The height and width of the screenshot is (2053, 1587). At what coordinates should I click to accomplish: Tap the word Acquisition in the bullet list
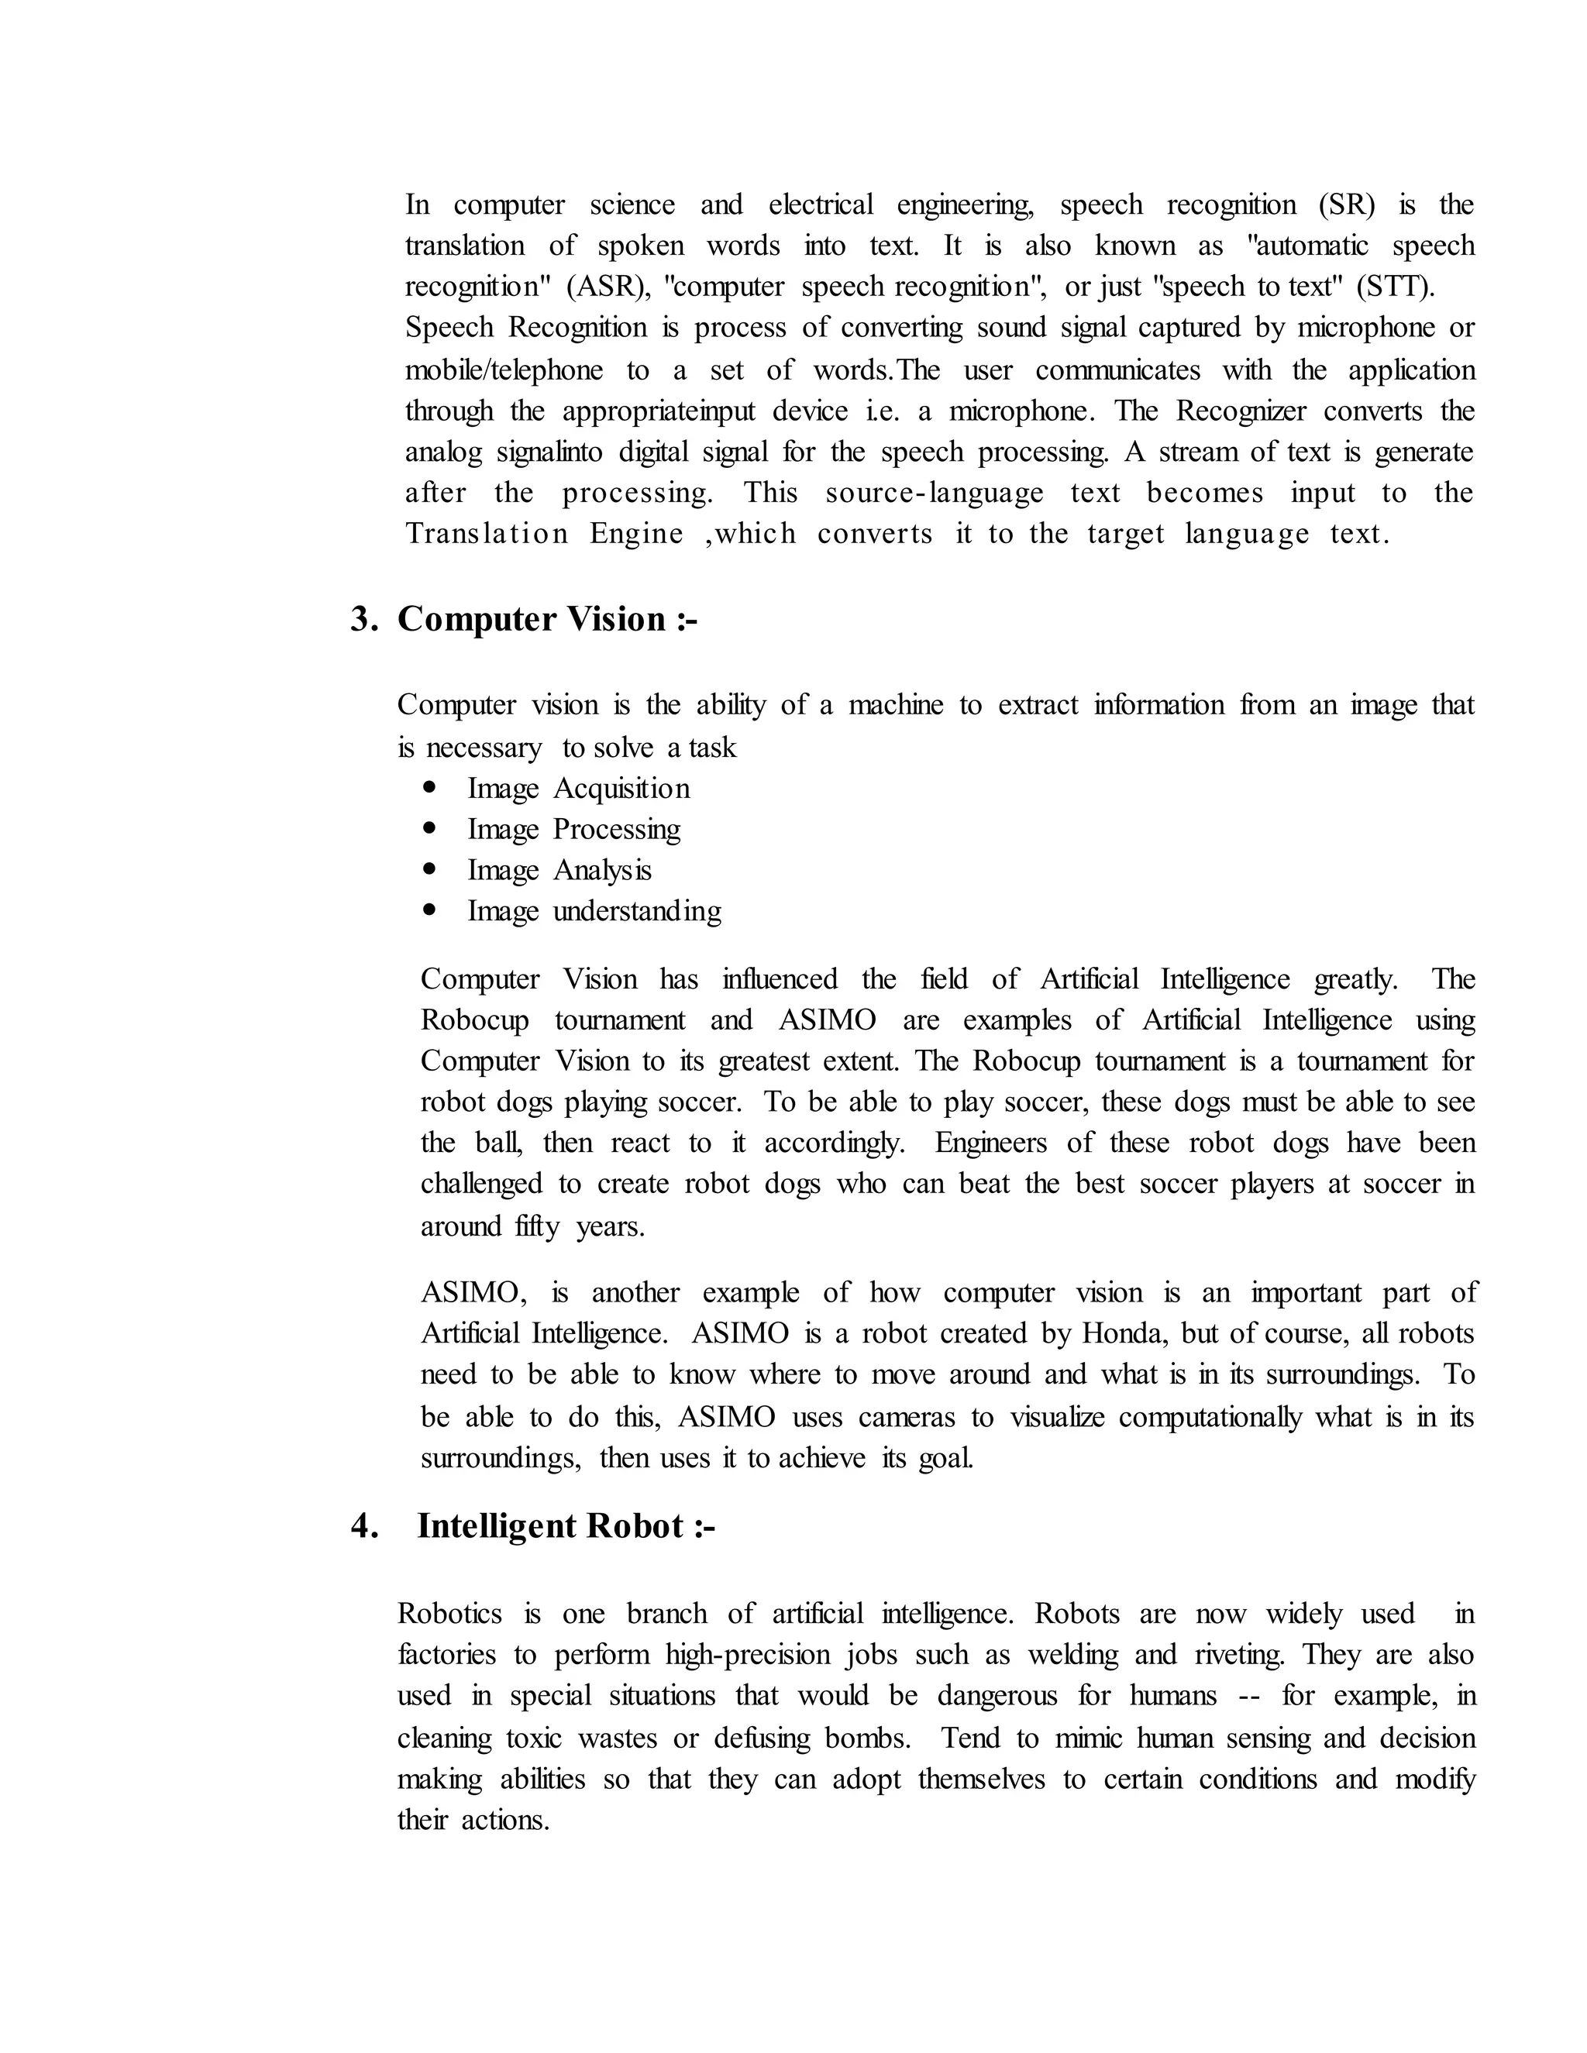pyautogui.click(x=621, y=789)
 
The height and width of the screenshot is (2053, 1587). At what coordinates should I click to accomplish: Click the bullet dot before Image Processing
pyautogui.click(x=431, y=828)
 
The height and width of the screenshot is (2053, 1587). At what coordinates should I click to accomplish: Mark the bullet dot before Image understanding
pyautogui.click(x=431, y=910)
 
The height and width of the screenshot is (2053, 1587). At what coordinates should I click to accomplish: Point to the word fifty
pyautogui.click(x=537, y=1226)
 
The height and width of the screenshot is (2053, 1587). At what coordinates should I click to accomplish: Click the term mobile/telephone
pyautogui.click(x=504, y=370)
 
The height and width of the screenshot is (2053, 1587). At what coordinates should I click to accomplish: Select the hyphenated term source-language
pyautogui.click(x=935, y=493)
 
